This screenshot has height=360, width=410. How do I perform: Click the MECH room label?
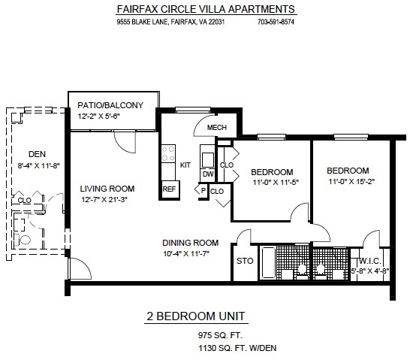pyautogui.click(x=217, y=128)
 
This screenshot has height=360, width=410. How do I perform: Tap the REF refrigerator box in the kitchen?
pyautogui.click(x=170, y=189)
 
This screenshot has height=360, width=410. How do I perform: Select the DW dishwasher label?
pyautogui.click(x=208, y=174)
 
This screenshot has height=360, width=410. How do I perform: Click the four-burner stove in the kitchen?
pyautogui.click(x=168, y=153)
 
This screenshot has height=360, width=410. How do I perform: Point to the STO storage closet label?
pyautogui.click(x=245, y=261)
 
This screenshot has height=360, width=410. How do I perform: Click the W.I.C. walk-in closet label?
pyautogui.click(x=370, y=261)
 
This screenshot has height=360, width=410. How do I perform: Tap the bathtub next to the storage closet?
pyautogui.click(x=268, y=262)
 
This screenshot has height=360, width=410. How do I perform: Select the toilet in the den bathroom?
pyautogui.click(x=23, y=240)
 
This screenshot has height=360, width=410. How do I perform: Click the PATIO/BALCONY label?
pyautogui.click(x=110, y=105)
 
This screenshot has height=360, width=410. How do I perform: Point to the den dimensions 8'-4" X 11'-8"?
pyautogui.click(x=39, y=166)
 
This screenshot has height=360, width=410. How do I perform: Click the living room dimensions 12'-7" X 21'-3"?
pyautogui.click(x=104, y=200)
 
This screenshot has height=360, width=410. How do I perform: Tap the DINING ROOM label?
pyautogui.click(x=191, y=243)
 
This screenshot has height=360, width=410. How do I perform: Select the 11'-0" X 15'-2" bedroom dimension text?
pyautogui.click(x=351, y=182)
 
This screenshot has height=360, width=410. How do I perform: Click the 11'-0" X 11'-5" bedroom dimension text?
pyautogui.click(x=276, y=183)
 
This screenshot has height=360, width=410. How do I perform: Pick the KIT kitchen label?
pyautogui.click(x=185, y=165)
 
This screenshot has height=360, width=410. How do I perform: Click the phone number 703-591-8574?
pyautogui.click(x=276, y=22)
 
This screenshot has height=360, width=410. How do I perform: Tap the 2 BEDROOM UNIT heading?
pyautogui.click(x=196, y=316)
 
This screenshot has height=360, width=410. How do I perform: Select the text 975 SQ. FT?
pyautogui.click(x=220, y=335)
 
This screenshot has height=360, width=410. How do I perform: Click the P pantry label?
pyautogui.click(x=203, y=191)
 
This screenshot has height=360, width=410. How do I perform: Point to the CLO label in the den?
pyautogui.click(x=24, y=201)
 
